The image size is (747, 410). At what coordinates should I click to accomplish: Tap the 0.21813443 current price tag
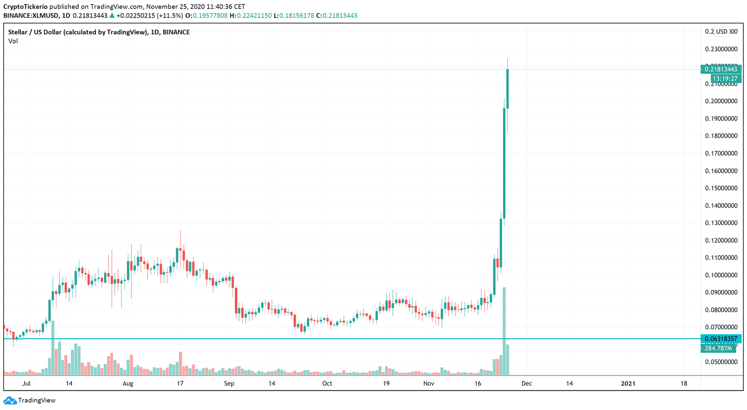click(721, 69)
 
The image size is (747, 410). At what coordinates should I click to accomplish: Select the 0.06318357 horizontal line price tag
click(721, 339)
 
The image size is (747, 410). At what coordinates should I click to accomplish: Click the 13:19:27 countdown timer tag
click(725, 79)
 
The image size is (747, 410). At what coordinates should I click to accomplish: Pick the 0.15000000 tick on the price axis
click(721, 188)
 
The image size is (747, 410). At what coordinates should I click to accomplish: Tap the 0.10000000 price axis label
click(721, 275)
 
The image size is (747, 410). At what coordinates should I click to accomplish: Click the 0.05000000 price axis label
click(721, 362)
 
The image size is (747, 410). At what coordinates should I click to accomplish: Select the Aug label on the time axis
click(127, 383)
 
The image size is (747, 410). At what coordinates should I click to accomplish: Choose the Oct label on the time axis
click(327, 383)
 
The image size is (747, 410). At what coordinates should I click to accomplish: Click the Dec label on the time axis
click(526, 383)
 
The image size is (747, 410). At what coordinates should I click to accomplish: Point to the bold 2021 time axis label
click(628, 383)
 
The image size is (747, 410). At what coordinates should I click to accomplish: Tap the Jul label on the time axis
click(26, 383)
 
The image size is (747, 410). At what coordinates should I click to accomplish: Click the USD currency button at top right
click(722, 32)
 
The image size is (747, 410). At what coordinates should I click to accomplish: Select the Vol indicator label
click(13, 41)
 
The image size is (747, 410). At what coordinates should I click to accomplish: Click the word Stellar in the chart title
click(18, 32)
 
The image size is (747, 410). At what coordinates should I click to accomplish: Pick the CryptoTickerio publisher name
click(25, 7)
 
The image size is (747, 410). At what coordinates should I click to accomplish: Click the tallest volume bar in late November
click(504, 330)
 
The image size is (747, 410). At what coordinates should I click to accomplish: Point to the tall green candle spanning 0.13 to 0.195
click(504, 163)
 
